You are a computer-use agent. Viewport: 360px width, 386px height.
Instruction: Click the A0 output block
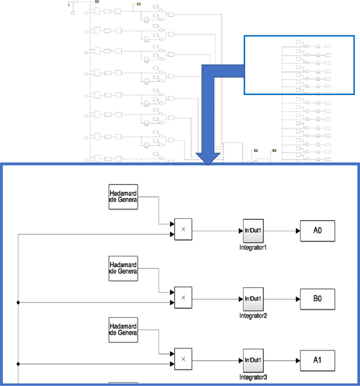(x=317, y=231)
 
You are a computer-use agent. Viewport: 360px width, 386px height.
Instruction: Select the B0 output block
(x=317, y=298)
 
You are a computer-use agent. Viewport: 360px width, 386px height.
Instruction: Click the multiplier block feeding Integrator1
(x=183, y=230)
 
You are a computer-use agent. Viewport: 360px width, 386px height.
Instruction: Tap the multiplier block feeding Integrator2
(x=183, y=297)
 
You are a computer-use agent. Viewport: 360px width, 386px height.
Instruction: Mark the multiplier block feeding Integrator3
(x=183, y=358)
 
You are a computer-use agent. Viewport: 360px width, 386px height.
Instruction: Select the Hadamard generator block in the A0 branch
(x=123, y=196)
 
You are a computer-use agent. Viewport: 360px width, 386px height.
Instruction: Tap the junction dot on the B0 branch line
(x=19, y=302)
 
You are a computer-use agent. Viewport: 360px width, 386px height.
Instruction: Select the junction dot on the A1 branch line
(x=19, y=363)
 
